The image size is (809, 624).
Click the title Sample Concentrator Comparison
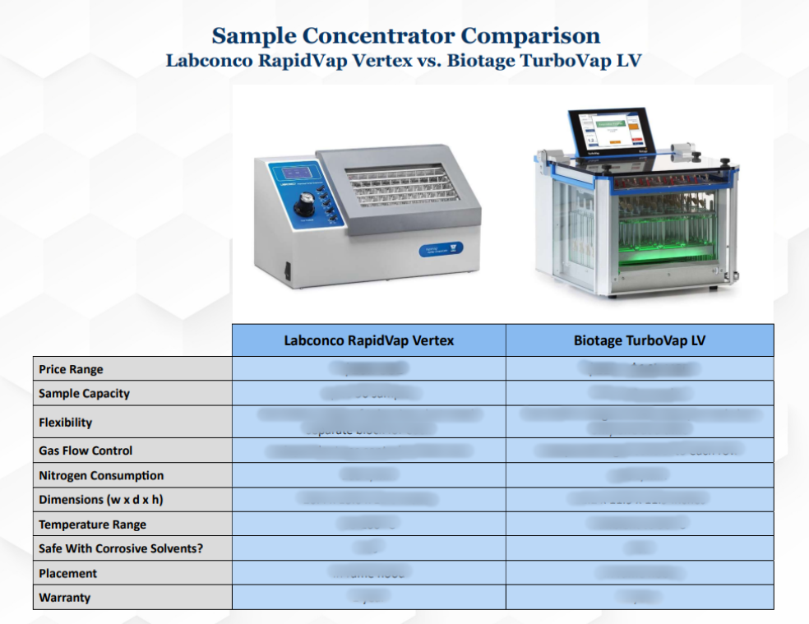click(405, 36)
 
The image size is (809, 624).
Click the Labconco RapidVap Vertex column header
click(368, 340)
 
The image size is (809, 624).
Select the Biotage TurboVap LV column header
click(639, 340)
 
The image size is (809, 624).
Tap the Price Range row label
click(71, 369)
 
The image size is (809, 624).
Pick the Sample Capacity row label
click(84, 393)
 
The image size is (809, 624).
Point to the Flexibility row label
click(65, 423)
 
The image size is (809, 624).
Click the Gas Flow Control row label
click(85, 451)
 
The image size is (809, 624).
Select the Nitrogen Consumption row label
click(100, 475)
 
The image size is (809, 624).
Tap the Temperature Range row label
click(92, 525)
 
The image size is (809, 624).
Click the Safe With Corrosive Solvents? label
click(120, 548)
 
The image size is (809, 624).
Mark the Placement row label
click(67, 573)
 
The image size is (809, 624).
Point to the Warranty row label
click(64, 598)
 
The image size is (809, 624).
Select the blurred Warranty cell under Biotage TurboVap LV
click(639, 598)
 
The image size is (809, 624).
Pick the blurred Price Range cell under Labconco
click(368, 369)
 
